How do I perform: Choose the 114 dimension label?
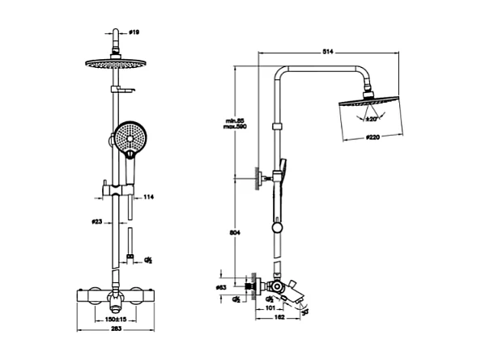click(x=148, y=197)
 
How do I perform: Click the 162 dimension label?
click(x=279, y=318)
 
